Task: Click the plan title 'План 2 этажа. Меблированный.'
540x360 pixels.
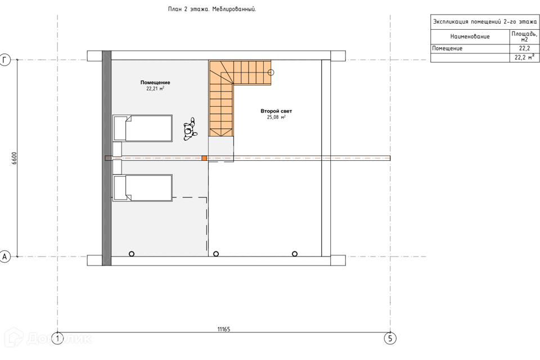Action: (212, 10)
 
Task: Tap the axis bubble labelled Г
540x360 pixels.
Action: (5, 60)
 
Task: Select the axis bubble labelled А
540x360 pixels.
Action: (5, 256)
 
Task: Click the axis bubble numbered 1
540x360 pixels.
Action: (57, 338)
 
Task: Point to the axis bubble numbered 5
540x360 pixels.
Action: (390, 338)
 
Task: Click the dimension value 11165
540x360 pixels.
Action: (224, 329)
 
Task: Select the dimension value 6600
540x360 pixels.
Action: (14, 159)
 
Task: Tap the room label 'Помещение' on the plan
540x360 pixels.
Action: (155, 82)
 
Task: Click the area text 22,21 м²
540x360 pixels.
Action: (155, 88)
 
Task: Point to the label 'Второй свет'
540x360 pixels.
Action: (276, 111)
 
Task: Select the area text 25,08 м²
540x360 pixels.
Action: (276, 117)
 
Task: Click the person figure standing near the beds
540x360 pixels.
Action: (190, 129)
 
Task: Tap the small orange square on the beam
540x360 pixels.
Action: (204, 158)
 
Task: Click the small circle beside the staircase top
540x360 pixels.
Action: (271, 73)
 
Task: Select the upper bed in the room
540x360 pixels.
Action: (142, 128)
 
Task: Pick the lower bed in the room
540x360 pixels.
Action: (142, 188)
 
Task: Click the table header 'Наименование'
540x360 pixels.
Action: (470, 37)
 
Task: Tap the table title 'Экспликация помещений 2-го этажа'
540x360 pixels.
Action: (485, 22)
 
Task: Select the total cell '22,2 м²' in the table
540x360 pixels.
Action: (524, 57)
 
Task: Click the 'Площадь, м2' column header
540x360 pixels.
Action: (524, 37)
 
